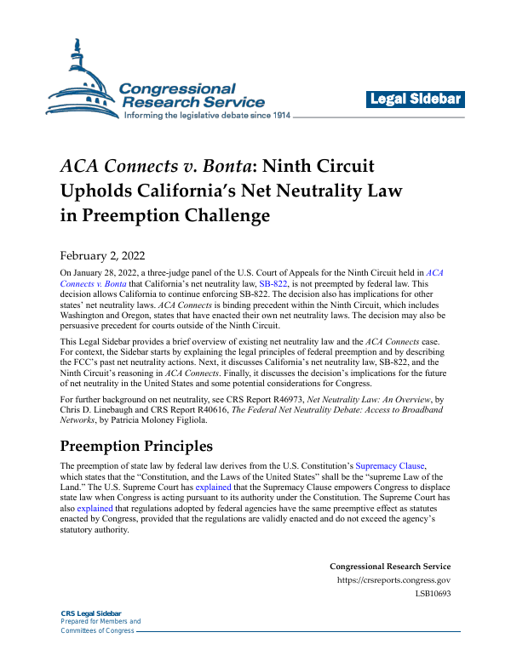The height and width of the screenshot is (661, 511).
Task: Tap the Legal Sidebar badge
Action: (416, 100)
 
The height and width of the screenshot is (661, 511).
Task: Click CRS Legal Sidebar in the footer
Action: (91, 613)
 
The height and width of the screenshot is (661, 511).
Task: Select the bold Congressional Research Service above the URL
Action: (389, 567)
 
